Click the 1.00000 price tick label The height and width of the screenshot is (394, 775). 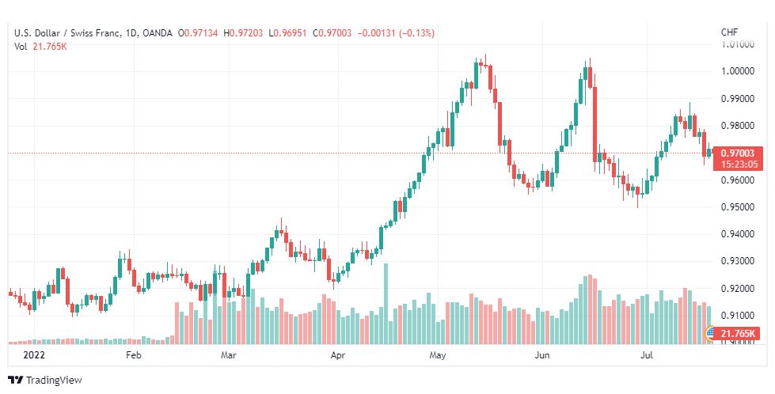(738, 70)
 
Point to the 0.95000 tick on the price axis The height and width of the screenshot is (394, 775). (738, 206)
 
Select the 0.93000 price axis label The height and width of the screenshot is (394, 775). (738, 261)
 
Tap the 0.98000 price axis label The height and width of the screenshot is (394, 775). (738, 126)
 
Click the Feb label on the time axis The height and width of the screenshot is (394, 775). (134, 355)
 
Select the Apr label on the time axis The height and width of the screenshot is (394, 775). (337, 355)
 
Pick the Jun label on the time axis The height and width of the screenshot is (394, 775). (543, 355)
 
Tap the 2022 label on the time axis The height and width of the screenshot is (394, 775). (33, 355)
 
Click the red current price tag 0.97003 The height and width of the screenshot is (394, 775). (738, 153)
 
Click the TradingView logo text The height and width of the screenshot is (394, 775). (54, 381)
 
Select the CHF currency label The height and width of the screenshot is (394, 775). (730, 32)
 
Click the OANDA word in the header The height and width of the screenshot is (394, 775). (158, 33)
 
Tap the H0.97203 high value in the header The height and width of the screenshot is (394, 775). (244, 33)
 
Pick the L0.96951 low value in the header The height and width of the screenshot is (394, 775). (287, 33)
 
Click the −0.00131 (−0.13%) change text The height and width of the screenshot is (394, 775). (395, 33)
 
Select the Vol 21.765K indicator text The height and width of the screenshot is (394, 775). (40, 47)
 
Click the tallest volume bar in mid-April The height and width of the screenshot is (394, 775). (386, 304)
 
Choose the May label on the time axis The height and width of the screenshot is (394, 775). (438, 355)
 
